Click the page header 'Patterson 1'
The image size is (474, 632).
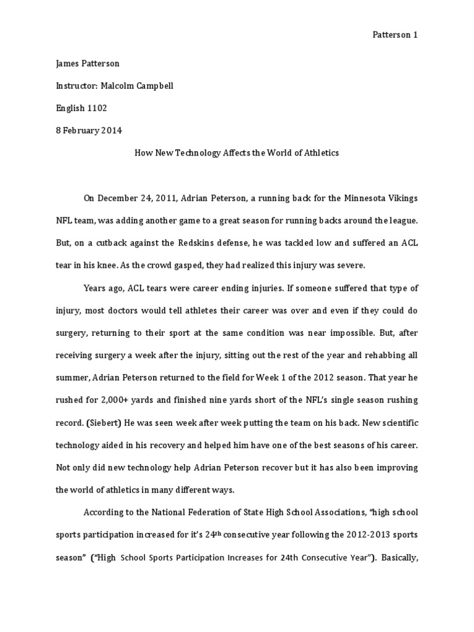(x=395, y=35)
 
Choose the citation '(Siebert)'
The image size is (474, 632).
(x=101, y=422)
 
